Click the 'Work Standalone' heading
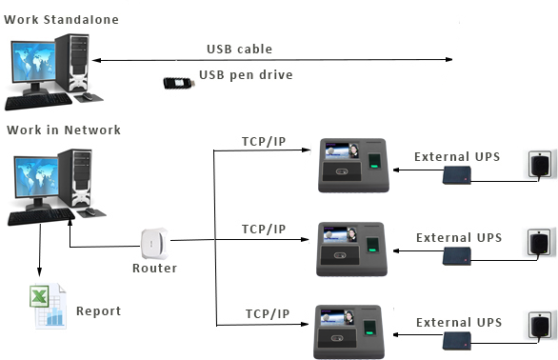tap(62, 19)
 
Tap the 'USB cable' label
tap(239, 49)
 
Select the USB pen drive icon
tap(178, 82)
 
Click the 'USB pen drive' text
tap(246, 75)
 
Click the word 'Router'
tap(154, 269)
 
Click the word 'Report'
tap(98, 310)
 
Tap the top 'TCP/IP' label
tap(264, 143)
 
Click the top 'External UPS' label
tap(458, 156)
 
